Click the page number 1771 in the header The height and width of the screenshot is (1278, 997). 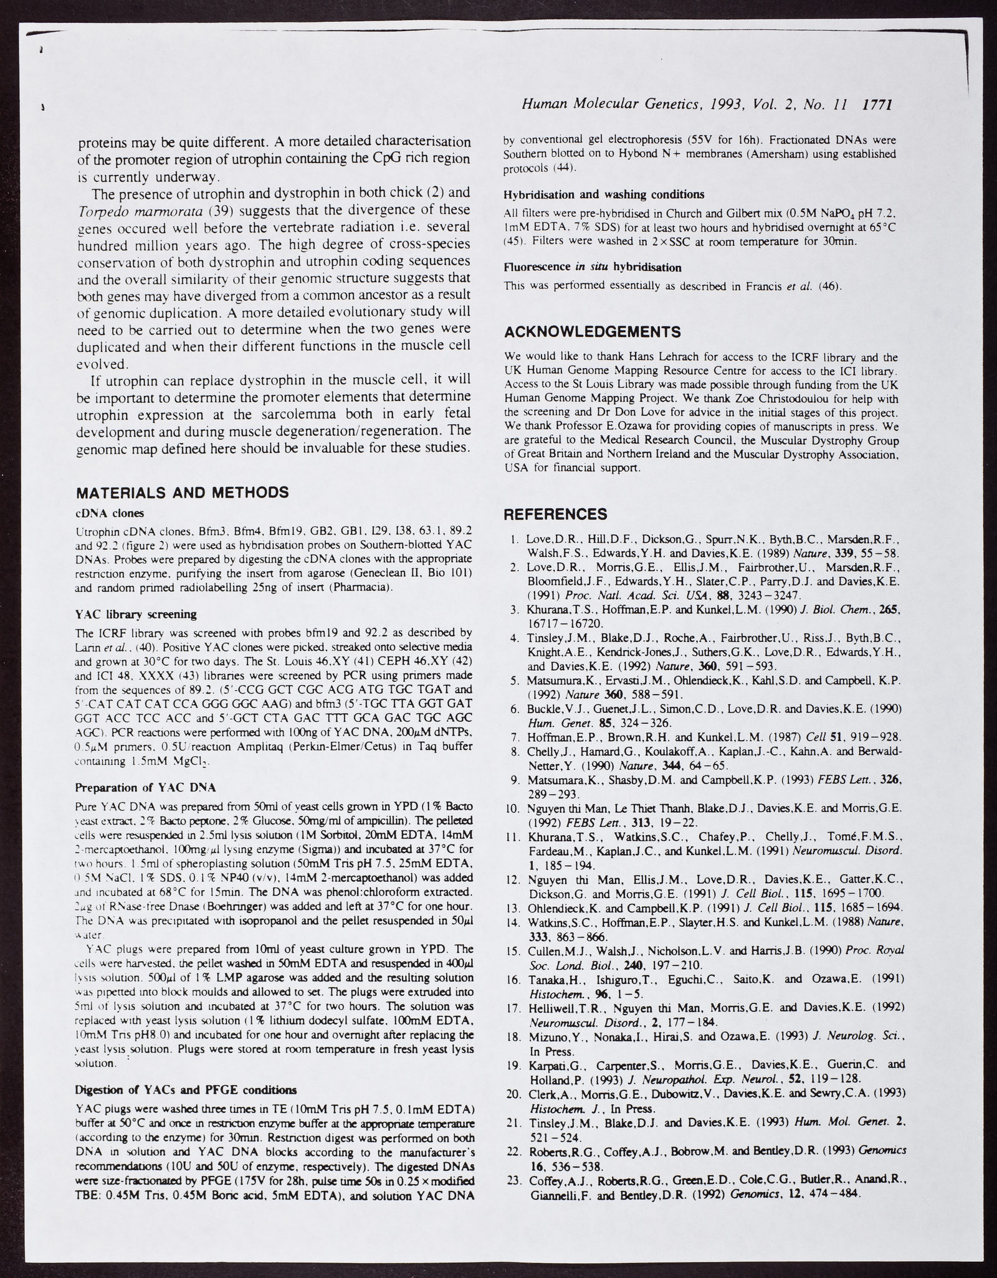click(877, 105)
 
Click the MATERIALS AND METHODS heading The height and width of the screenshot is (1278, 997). click(182, 493)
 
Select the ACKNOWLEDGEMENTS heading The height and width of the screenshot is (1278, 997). click(592, 331)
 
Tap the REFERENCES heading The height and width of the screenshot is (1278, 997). click(555, 514)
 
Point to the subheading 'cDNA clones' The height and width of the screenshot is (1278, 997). click(110, 513)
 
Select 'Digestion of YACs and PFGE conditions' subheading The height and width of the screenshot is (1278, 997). click(185, 1090)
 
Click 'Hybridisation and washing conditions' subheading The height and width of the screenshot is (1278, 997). click(604, 194)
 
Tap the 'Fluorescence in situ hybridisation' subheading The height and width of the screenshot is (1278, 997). click(592, 267)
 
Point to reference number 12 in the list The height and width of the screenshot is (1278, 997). click(514, 879)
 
